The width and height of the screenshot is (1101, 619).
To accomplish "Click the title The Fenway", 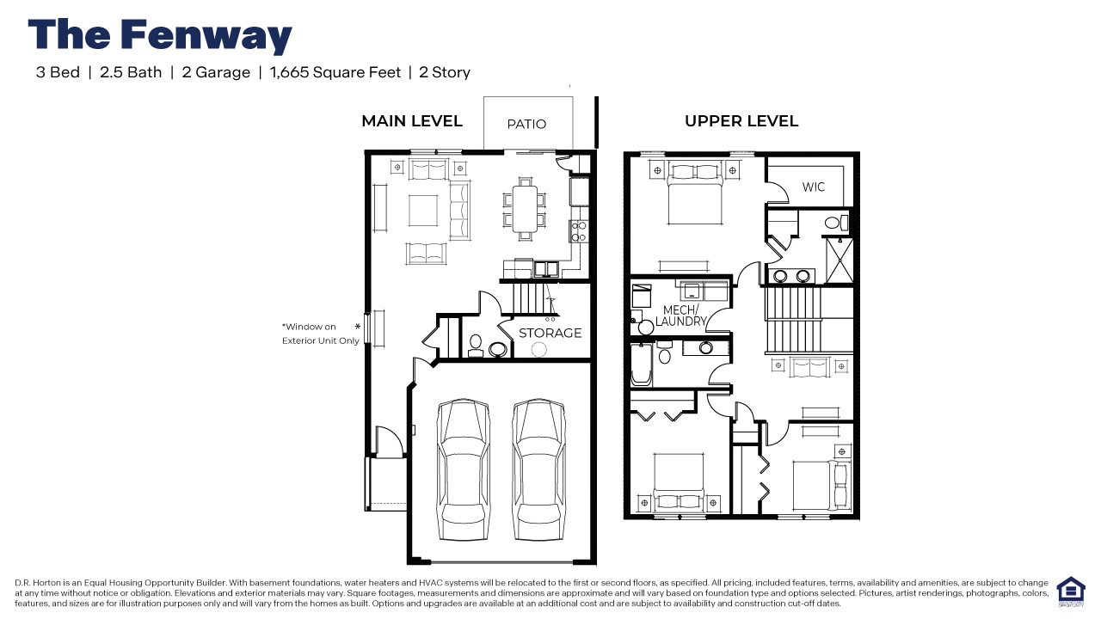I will (160, 36).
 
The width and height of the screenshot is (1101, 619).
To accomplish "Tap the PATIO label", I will (526, 124).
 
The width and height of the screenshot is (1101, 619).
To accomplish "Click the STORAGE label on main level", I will (550, 333).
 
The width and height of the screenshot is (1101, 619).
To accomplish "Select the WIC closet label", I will (813, 187).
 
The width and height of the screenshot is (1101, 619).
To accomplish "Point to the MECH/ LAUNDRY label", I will (680, 316).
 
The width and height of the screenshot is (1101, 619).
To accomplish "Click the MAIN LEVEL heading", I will (412, 121).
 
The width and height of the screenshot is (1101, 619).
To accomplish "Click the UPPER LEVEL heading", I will (741, 121).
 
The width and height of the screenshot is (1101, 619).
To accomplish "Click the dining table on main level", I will (525, 209).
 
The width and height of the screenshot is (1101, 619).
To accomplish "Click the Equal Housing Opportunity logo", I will (1070, 592).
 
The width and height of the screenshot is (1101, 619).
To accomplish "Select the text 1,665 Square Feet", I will (335, 72).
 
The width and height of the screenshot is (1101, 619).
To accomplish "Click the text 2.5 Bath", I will (131, 72).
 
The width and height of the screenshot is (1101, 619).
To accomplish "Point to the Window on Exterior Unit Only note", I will (320, 334).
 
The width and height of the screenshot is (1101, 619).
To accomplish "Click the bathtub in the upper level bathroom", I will (640, 365).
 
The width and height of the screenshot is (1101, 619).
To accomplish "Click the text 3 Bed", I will (58, 72).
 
